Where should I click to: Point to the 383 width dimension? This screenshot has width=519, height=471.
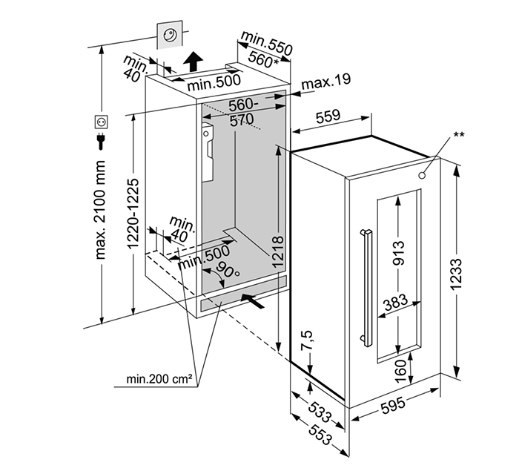398,303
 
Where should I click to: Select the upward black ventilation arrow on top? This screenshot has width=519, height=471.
194,59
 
